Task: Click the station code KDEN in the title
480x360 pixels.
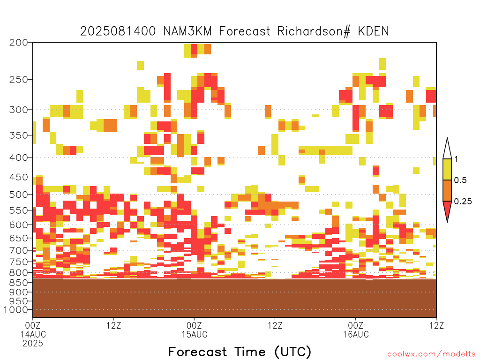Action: [373, 31]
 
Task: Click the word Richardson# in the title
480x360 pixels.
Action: [314, 31]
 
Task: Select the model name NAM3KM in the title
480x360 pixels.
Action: [187, 31]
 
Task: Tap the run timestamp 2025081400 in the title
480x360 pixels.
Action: [118, 31]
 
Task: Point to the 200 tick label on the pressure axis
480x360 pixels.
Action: [19, 43]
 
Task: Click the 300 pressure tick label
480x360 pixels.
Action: [19, 110]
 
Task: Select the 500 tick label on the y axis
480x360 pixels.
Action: [19, 195]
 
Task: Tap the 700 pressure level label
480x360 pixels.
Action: [19, 250]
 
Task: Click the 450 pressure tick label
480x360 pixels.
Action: [19, 177]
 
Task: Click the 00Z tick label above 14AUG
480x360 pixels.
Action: [33, 325]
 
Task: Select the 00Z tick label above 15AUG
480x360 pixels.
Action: [194, 325]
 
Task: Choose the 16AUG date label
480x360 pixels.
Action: [356, 334]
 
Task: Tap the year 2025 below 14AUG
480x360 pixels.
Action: [33, 344]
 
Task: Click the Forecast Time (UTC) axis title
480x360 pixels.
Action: [240, 352]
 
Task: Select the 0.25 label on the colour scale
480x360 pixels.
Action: [463, 201]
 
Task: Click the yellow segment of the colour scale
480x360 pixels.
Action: [447, 169]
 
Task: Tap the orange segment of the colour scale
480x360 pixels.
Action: [447, 190]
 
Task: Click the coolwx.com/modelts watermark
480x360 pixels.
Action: [431, 354]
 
